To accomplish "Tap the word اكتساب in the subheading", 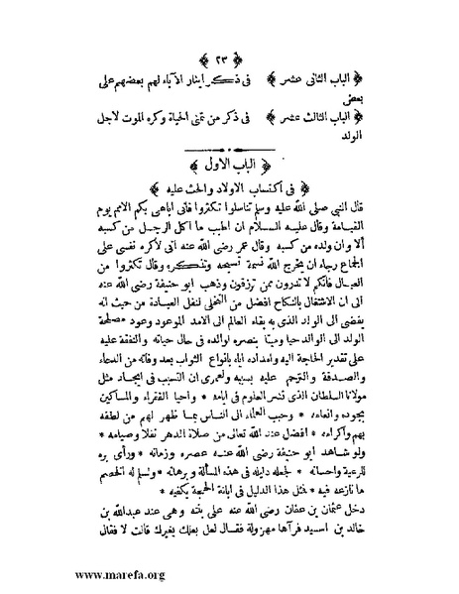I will tap(271, 188).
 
